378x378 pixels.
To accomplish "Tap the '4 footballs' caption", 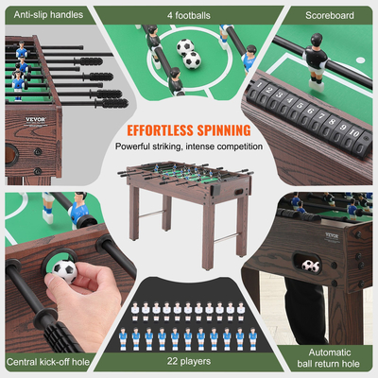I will tap(189, 16).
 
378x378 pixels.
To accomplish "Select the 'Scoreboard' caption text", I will tap(328, 16).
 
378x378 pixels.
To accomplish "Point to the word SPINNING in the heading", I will tap(222, 129).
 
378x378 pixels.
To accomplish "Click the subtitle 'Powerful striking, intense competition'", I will tap(188, 147).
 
